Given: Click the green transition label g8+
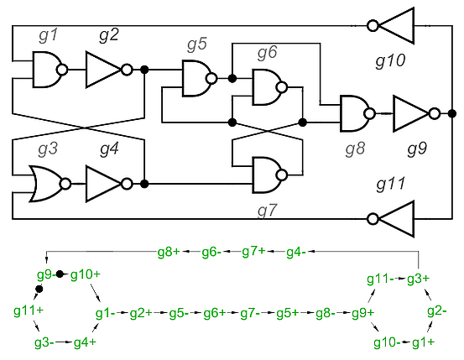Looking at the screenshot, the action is coord(169,252).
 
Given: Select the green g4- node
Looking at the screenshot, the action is coord(296,252).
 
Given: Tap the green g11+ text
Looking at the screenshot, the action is coord(29,310).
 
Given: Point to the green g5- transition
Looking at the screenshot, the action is coord(179,313).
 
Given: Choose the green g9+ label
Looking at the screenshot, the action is coord(362,313).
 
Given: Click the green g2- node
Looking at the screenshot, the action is coord(437,311).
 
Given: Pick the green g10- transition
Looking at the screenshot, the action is coord(387,342).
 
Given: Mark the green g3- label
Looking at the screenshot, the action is coord(44,342).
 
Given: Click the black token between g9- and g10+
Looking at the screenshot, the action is coord(60,274).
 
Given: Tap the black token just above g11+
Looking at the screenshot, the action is coord(39,289).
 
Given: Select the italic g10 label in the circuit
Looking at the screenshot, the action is coord(390,61).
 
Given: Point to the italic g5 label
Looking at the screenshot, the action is coord(197,44).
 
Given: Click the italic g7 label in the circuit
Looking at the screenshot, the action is coord(267,211).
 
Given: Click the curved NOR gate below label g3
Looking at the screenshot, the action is coord(46,184).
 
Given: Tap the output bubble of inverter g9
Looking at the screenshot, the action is coord(435,113).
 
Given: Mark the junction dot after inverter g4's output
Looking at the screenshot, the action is coord(144,184).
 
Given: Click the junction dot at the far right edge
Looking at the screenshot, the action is coord(452,113).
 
